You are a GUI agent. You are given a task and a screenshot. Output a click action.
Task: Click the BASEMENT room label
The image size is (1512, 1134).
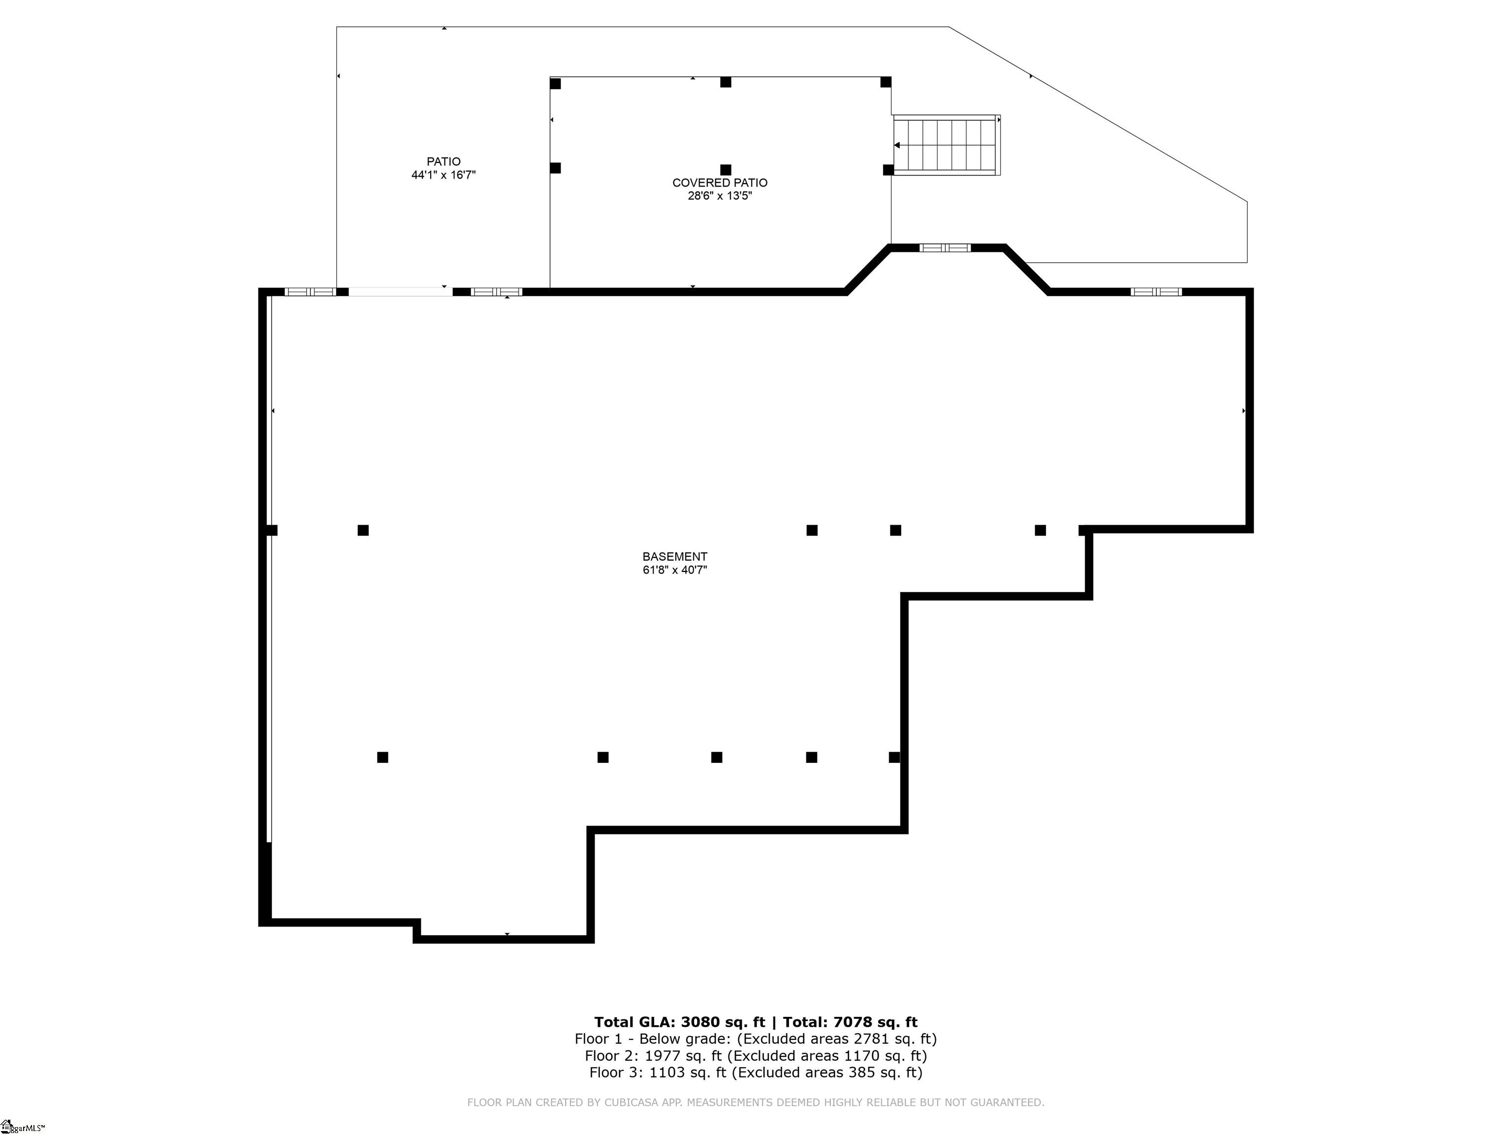(675, 556)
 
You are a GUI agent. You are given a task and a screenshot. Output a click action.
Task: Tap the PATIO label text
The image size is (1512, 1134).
(443, 162)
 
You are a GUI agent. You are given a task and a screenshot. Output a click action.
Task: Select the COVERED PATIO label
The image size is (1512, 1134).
(720, 183)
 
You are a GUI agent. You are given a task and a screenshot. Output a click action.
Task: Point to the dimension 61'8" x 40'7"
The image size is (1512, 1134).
(675, 570)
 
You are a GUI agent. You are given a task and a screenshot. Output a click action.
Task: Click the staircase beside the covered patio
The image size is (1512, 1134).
(946, 145)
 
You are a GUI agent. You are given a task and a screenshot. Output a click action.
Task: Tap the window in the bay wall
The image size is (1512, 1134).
(945, 248)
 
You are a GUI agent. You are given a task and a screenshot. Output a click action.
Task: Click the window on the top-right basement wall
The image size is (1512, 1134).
(1156, 292)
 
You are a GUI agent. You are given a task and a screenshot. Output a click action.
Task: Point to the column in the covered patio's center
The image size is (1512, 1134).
(726, 169)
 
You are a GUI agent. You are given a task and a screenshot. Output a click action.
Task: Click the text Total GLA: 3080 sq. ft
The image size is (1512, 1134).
(679, 1022)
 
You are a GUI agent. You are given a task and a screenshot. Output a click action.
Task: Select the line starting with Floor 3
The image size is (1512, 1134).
(756, 1072)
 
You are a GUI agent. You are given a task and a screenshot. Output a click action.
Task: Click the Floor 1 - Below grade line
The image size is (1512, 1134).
(756, 1039)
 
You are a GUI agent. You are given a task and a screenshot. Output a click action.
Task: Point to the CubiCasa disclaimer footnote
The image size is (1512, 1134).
(756, 1102)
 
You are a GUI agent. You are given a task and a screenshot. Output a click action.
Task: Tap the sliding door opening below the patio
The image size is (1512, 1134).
(401, 292)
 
